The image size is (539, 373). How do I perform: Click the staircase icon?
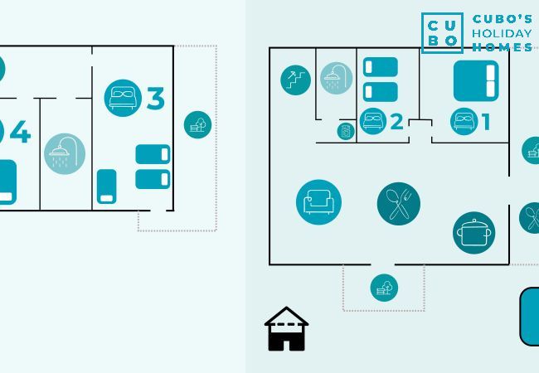(295, 80)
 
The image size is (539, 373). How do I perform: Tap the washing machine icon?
(345, 131)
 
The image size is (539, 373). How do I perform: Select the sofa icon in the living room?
(318, 202)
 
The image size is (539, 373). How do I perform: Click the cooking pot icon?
(473, 233)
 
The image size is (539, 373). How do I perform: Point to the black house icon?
(286, 329)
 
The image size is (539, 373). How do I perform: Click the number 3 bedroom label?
(155, 99)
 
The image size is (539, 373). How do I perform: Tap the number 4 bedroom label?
(20, 132)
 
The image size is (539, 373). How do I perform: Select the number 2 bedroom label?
(396, 122)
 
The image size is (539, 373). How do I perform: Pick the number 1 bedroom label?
(486, 122)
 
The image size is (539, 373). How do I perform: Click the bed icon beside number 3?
(124, 97)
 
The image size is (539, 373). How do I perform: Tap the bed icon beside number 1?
(464, 121)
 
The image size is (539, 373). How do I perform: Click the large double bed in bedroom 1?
(476, 80)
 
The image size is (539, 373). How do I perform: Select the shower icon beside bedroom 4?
(65, 153)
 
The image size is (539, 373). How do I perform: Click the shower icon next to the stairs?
(336, 79)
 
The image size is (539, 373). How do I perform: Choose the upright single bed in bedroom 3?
(106, 186)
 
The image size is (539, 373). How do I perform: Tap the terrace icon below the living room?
(384, 288)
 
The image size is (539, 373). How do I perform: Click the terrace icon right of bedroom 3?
(197, 125)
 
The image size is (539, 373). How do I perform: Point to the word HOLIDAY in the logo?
(502, 33)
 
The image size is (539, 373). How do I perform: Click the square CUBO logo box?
(442, 33)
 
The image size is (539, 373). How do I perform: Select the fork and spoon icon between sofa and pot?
(398, 203)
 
